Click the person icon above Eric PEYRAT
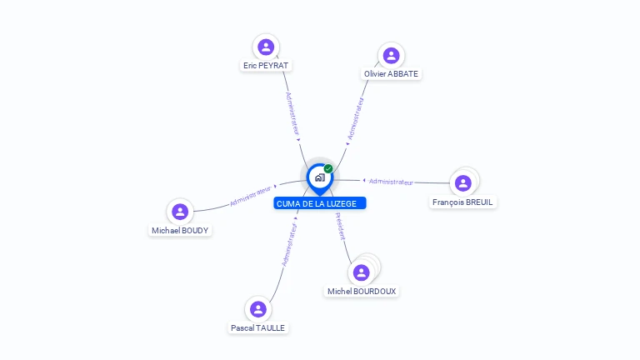point(266,47)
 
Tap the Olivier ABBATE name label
point(391,74)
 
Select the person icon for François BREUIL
point(462,183)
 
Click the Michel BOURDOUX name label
point(362,292)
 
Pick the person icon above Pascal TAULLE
point(258,309)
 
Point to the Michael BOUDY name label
point(180,231)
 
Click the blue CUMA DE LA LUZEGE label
point(320,203)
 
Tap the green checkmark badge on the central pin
point(328,168)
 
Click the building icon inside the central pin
point(320,177)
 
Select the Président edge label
point(340,226)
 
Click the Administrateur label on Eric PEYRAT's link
point(292,113)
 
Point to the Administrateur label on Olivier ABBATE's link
point(355,118)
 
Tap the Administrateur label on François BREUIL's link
point(391,182)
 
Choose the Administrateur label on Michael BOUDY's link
point(251,196)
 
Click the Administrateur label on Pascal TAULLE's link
point(289,244)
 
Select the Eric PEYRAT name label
point(266,65)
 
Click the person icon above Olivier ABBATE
point(391,56)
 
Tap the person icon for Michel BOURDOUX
point(361,272)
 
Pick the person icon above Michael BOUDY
point(180,212)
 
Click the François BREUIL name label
point(462,202)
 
